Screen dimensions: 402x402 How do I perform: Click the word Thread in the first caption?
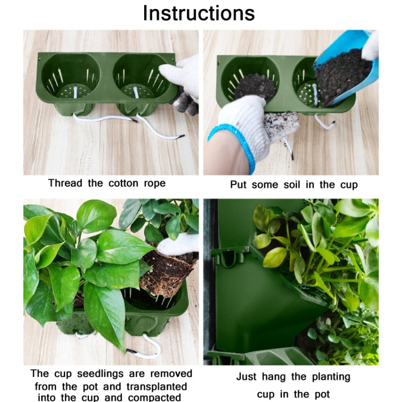coord(65,183)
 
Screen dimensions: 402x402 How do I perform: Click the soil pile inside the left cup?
coord(256,86)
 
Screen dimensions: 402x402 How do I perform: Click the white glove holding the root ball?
coord(180,244)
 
